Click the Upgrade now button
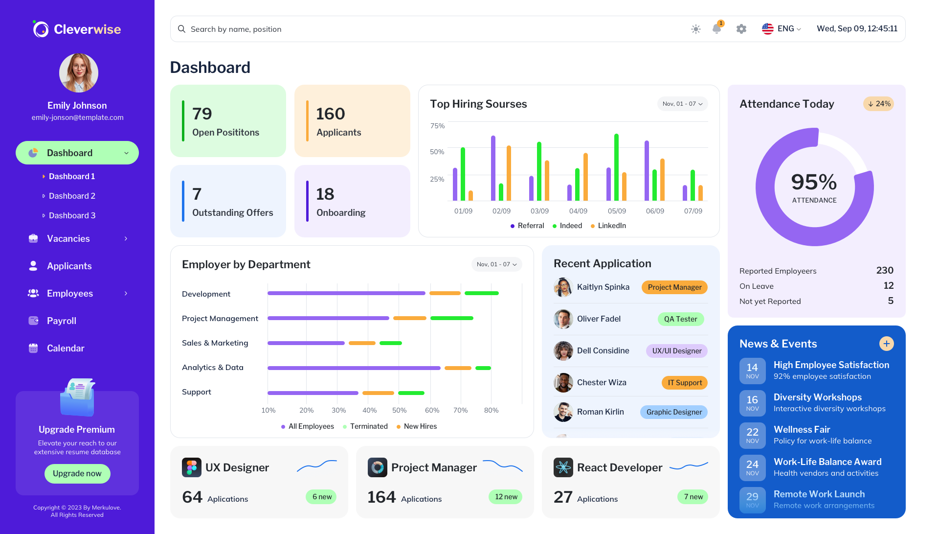pyautogui.click(x=77, y=473)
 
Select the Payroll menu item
pyautogui.click(x=61, y=321)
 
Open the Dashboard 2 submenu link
pyautogui.click(x=72, y=196)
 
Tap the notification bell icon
pyautogui.click(x=716, y=29)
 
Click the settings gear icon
pyautogui.click(x=741, y=29)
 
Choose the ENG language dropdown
pyautogui.click(x=782, y=29)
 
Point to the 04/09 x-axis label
pyautogui.click(x=578, y=211)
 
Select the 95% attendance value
pyautogui.click(x=814, y=182)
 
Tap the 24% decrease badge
pyautogui.click(x=879, y=104)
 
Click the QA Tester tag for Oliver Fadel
pyautogui.click(x=680, y=319)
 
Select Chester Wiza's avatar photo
pyautogui.click(x=563, y=383)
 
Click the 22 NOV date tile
pyautogui.click(x=752, y=435)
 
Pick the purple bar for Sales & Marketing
pyautogui.click(x=306, y=343)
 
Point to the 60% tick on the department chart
pyautogui.click(x=432, y=410)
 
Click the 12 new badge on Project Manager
pyautogui.click(x=506, y=497)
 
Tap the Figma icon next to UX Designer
pyautogui.click(x=191, y=467)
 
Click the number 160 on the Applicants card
pyautogui.click(x=331, y=114)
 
